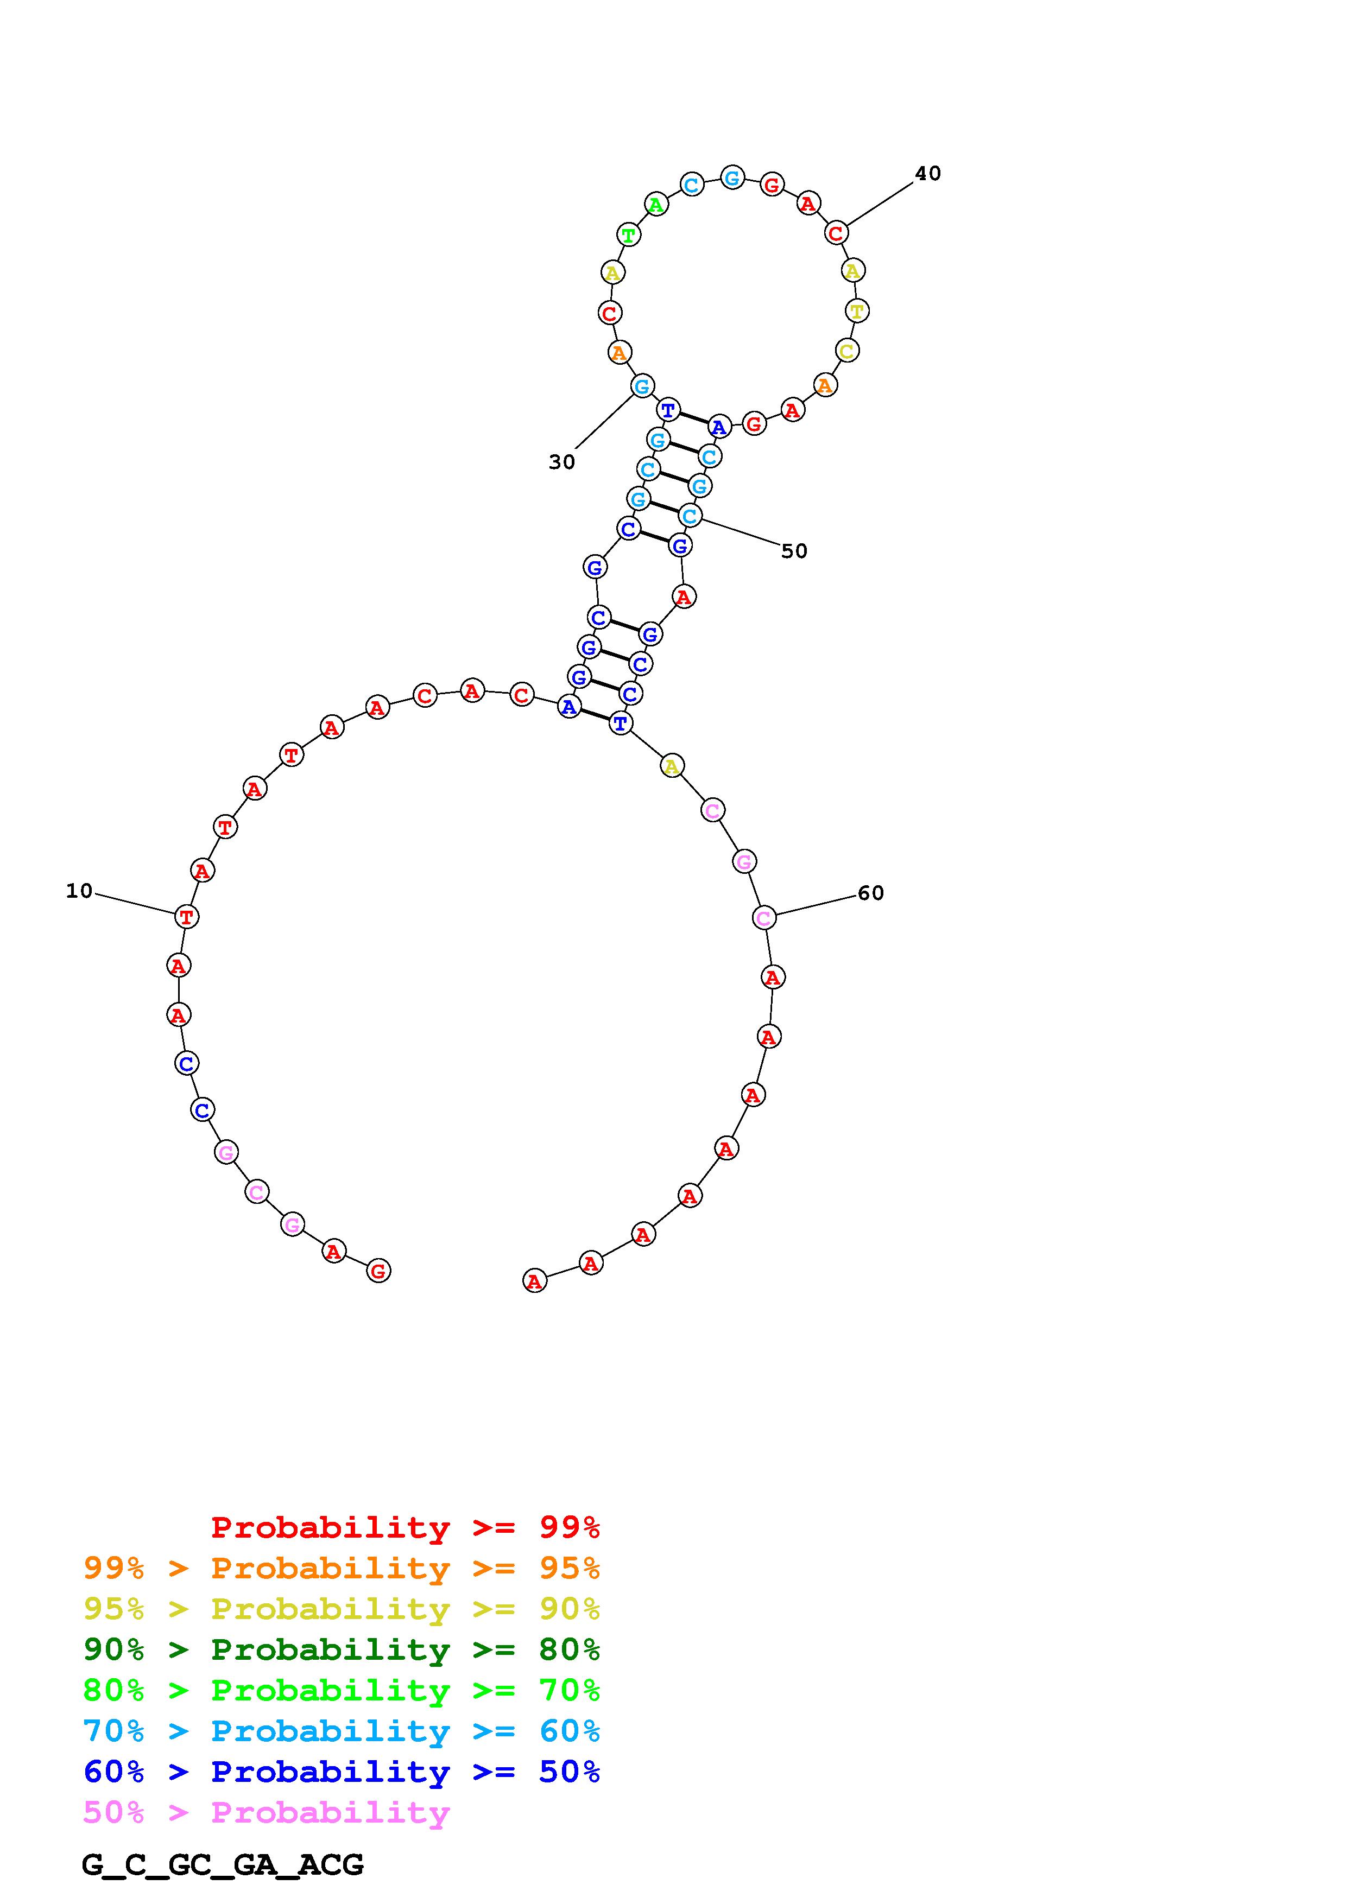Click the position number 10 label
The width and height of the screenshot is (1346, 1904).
coord(80,891)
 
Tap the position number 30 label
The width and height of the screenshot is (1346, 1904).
coord(561,462)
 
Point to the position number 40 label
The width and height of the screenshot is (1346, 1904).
coord(928,173)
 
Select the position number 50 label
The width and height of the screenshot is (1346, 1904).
coord(794,551)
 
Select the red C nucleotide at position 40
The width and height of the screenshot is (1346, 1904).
coord(836,233)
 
